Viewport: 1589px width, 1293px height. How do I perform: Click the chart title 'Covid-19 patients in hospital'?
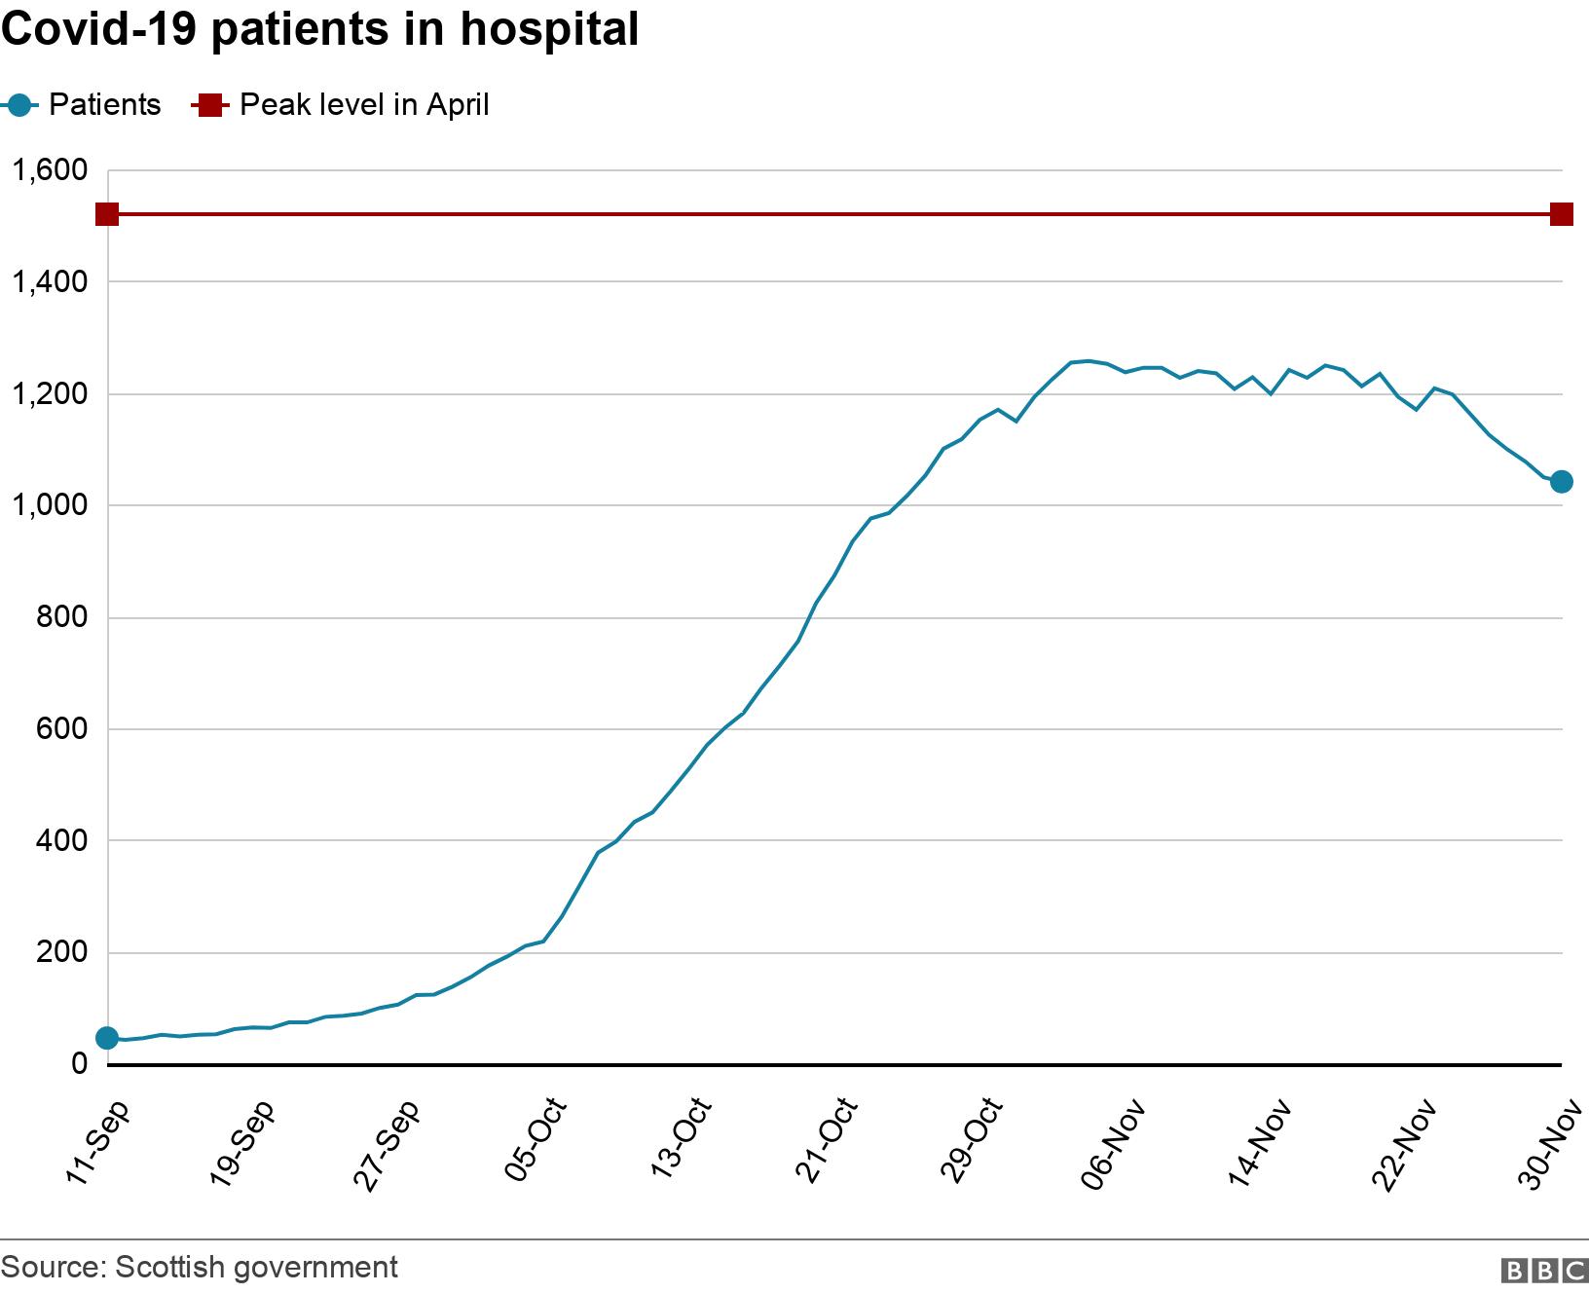[x=320, y=29]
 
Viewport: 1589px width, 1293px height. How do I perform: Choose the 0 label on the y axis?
[x=79, y=1064]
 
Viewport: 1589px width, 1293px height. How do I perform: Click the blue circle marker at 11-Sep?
[x=107, y=1038]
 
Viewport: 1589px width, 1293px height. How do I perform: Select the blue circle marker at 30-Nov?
[x=1561, y=481]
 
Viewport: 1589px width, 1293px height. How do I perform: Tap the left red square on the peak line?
[x=107, y=214]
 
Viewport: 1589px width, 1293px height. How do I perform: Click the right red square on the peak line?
[x=1561, y=214]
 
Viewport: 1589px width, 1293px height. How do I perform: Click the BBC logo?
[x=1544, y=1270]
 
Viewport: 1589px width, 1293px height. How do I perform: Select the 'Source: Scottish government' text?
[x=200, y=1267]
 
